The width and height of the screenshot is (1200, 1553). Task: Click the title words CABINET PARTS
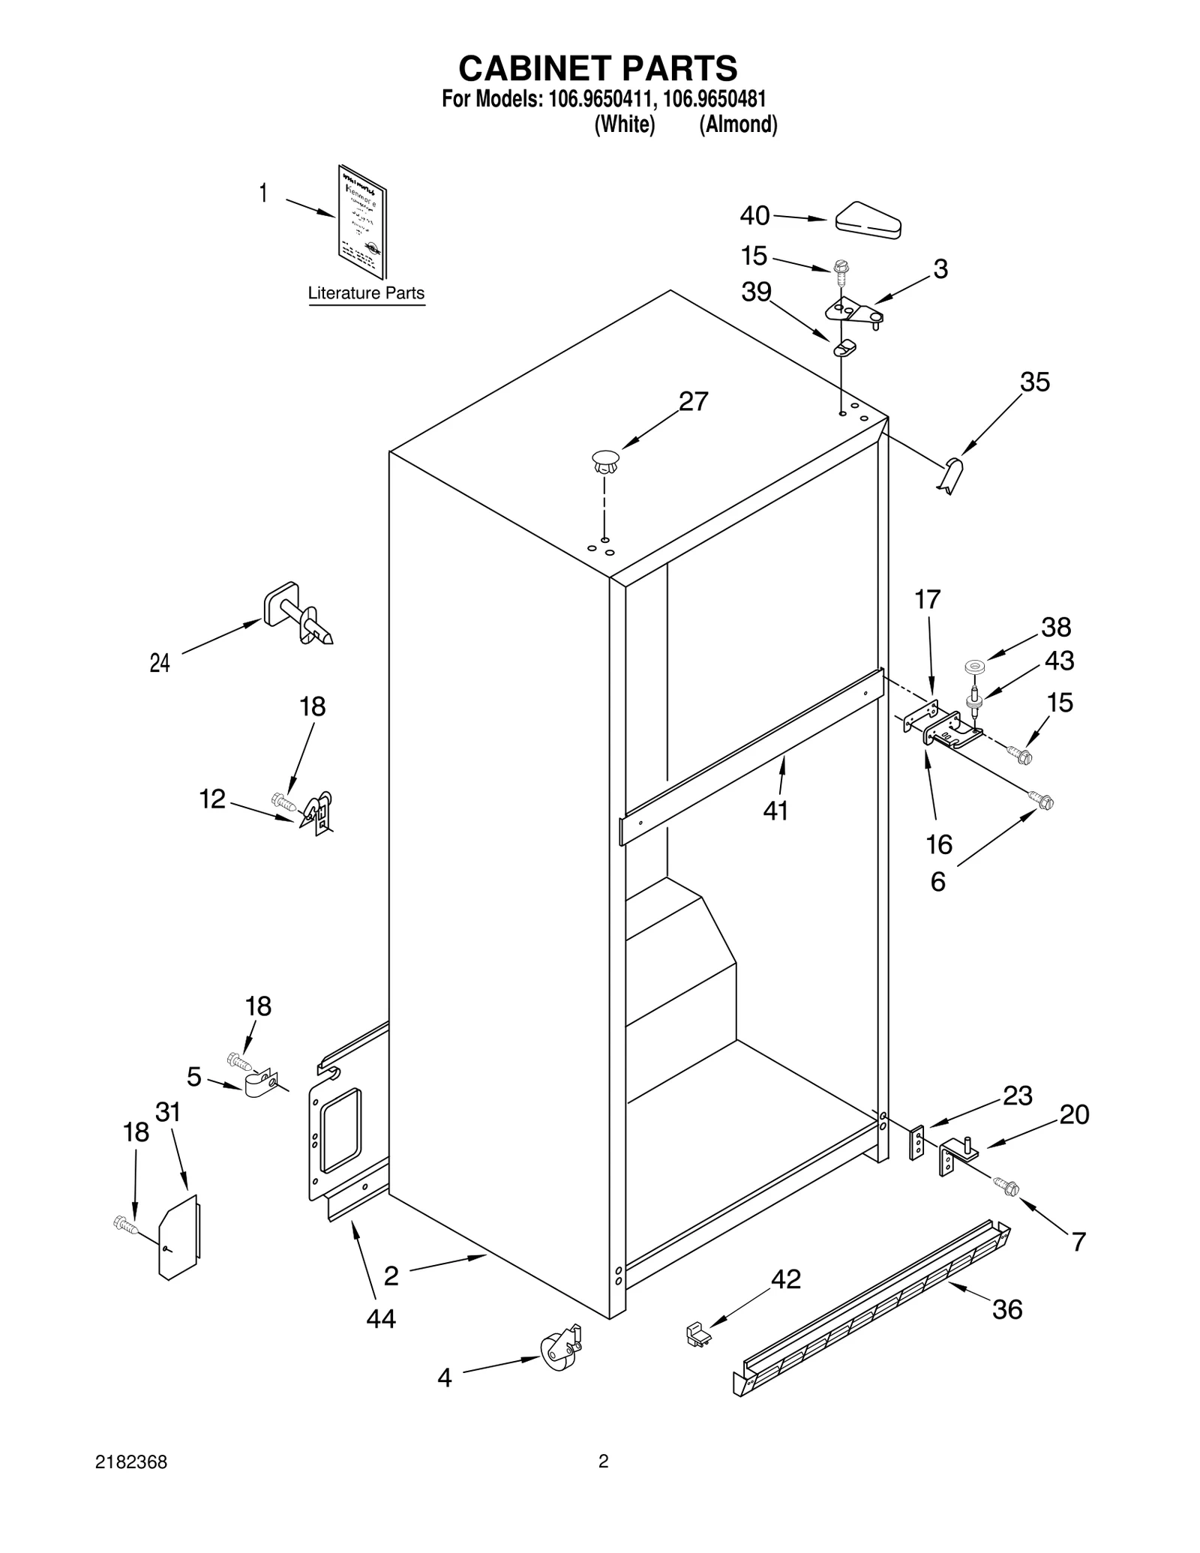pos(598,68)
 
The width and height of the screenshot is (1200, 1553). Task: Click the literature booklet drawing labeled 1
pos(362,221)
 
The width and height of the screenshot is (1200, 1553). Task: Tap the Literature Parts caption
pos(366,293)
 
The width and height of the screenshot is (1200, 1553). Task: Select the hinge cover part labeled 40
pos(868,220)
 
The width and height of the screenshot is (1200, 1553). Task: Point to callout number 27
pos(693,402)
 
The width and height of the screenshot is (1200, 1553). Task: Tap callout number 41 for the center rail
pos(775,811)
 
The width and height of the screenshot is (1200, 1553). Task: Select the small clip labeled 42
pos(699,1336)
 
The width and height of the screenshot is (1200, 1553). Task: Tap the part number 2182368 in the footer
pos(131,1462)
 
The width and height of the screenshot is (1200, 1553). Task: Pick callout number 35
pos(1035,382)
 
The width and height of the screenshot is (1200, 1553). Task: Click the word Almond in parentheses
pos(738,124)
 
